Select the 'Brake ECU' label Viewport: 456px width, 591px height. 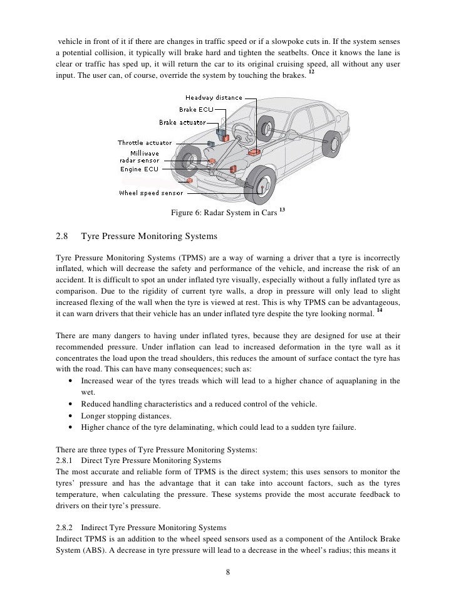coord(197,109)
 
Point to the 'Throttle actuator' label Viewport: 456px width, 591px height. coord(145,143)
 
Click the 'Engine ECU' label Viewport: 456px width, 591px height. coord(139,169)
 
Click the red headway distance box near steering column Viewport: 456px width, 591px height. coord(254,152)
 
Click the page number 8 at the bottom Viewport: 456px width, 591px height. coord(228,572)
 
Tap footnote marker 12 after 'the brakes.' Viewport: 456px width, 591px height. coord(311,73)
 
